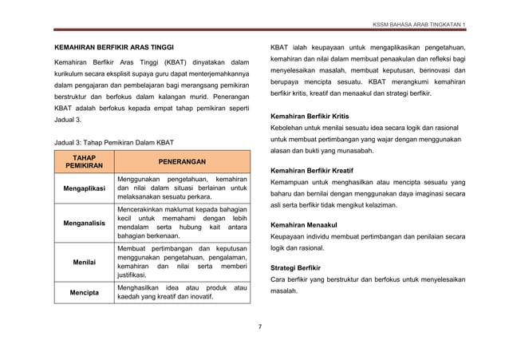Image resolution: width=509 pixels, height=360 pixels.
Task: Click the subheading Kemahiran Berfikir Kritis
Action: point(315,117)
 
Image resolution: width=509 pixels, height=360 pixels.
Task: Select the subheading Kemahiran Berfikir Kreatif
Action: point(316,171)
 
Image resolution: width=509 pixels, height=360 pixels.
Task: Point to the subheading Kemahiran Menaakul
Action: point(305,224)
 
